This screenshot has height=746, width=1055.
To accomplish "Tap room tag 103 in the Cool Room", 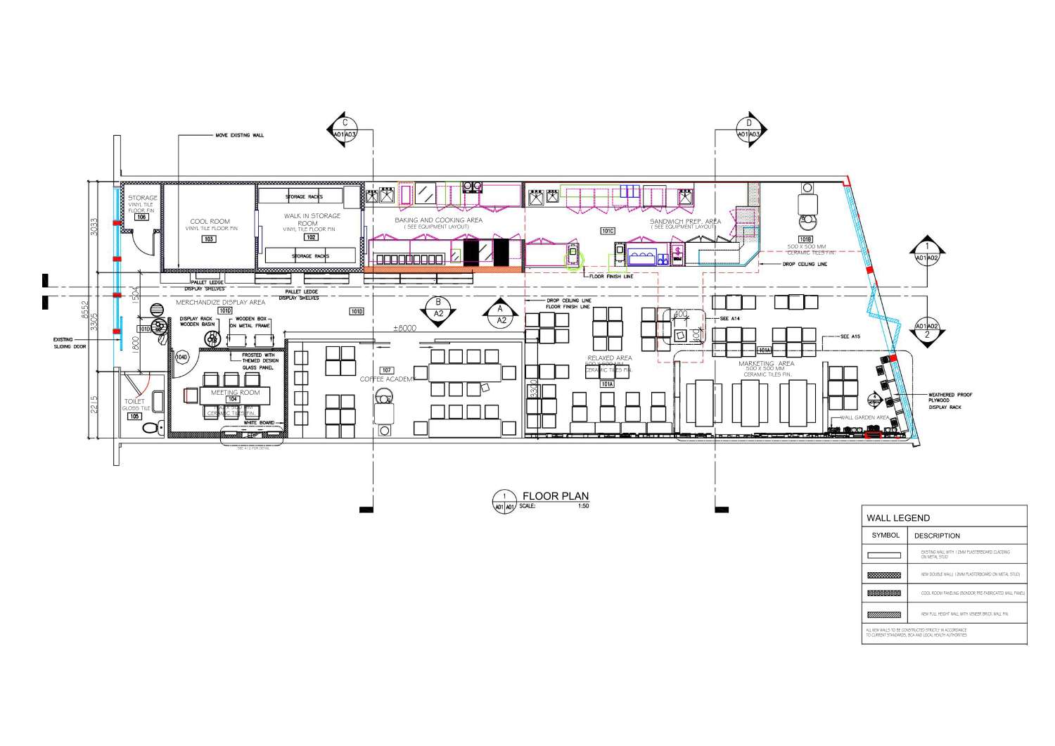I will (x=209, y=239).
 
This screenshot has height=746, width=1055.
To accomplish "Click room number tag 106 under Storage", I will (x=141, y=217).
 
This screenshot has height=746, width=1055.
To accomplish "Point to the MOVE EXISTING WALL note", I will (x=239, y=135).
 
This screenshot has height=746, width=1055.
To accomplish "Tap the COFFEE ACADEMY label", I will (x=387, y=379).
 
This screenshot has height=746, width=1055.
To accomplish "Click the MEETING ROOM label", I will (x=235, y=393).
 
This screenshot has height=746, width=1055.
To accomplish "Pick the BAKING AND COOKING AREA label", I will (x=438, y=220).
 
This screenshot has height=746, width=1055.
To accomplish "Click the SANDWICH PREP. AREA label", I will (x=685, y=221).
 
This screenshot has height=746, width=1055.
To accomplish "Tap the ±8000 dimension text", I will (x=404, y=329).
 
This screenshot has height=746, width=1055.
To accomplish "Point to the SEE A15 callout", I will (x=850, y=337).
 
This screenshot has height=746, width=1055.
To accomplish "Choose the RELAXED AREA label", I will (x=609, y=358).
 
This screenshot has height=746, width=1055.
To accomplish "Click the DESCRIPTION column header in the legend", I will (x=936, y=536).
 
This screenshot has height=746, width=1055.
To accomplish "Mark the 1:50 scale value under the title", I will (x=583, y=506).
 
